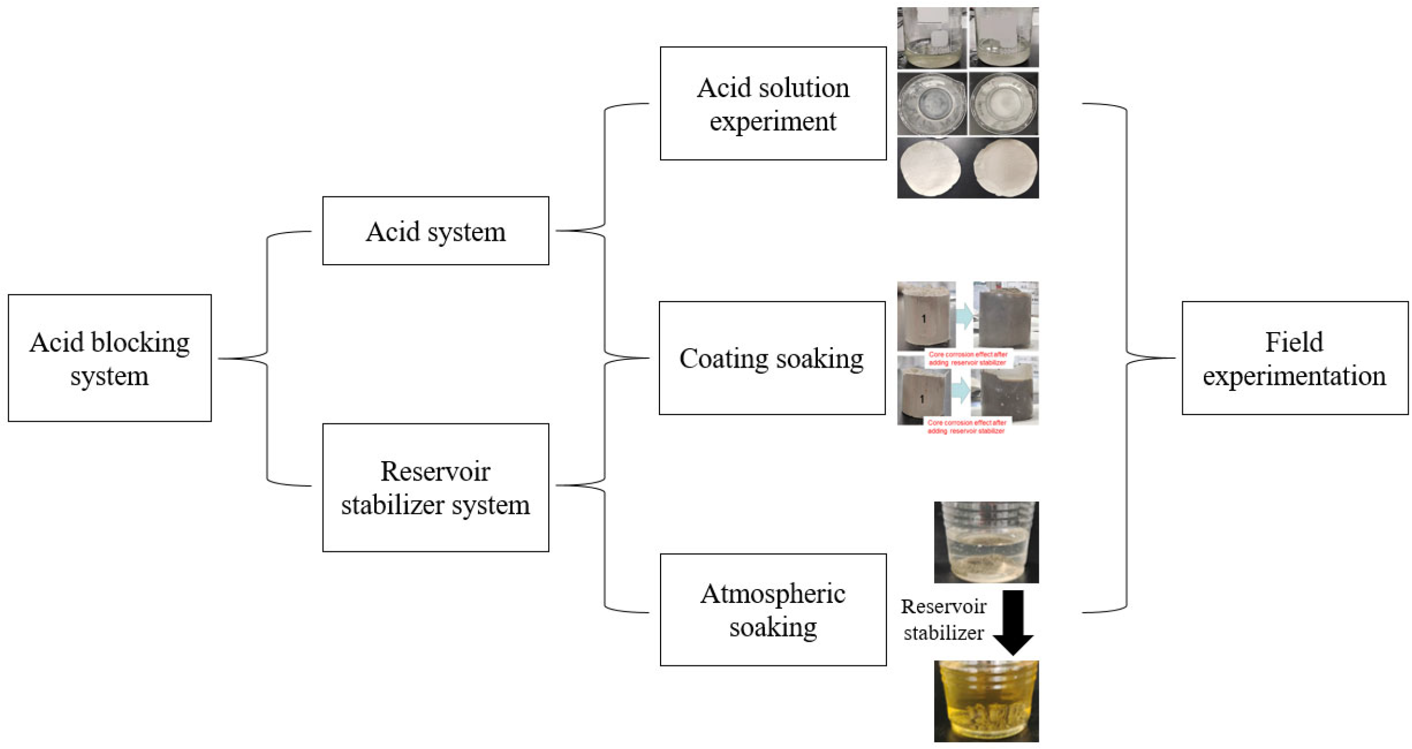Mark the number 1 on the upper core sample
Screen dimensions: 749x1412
[x=923, y=318]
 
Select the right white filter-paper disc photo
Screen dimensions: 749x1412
[x=1004, y=168]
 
